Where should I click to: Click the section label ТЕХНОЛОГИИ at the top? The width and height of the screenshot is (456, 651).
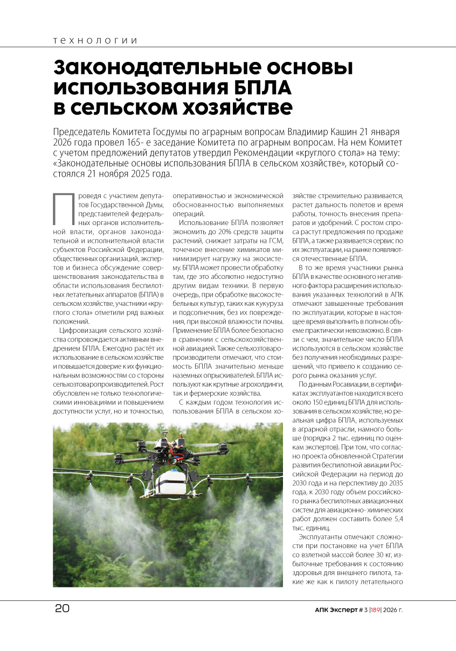coord(95,41)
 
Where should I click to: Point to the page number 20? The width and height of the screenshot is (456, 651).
coord(61,609)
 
